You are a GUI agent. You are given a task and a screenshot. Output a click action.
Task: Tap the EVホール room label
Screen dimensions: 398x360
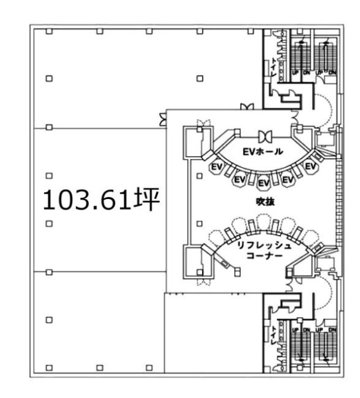click(x=262, y=151)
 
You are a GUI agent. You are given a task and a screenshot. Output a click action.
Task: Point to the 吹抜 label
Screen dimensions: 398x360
click(x=261, y=203)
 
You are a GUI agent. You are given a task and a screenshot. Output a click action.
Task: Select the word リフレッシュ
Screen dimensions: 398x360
click(x=261, y=245)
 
